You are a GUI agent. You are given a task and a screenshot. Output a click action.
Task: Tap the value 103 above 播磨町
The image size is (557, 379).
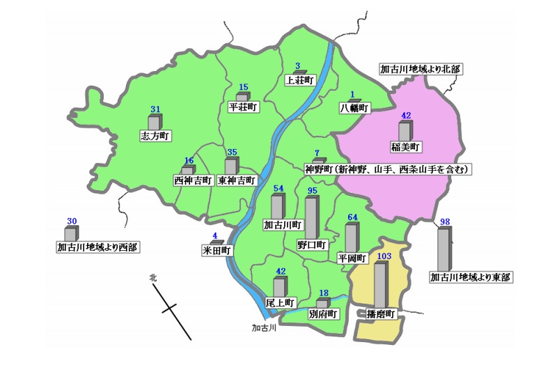click(x=382, y=256)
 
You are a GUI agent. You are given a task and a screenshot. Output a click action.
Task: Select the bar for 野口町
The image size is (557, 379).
click(x=311, y=217)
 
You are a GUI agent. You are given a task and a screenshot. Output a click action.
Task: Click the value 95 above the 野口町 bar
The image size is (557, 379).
click(x=312, y=191)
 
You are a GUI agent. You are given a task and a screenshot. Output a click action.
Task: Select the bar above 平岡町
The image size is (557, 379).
click(x=351, y=237)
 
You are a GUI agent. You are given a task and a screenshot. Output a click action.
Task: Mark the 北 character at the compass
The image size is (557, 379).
click(x=153, y=277)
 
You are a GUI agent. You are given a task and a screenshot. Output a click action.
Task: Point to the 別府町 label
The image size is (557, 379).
click(x=322, y=314)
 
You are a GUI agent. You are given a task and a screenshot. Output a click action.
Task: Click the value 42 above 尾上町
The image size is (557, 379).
click(x=281, y=272)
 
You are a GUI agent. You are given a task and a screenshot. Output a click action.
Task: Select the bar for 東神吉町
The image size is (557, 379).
click(x=230, y=167)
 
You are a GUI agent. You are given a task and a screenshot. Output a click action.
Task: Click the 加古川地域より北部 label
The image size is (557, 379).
click(x=421, y=70)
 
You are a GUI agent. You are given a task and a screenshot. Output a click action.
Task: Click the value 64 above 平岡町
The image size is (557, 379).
click(x=352, y=217)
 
